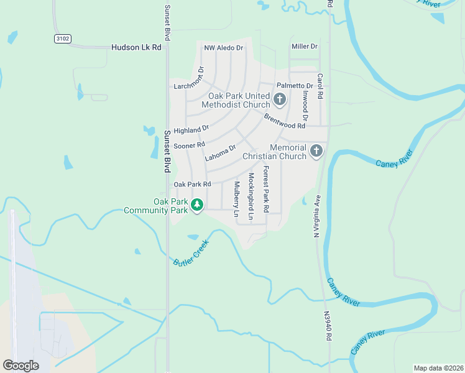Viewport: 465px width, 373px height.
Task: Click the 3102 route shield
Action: (x=62, y=39)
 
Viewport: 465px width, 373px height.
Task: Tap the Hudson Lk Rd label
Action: (x=136, y=47)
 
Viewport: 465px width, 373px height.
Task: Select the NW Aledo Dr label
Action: (x=224, y=47)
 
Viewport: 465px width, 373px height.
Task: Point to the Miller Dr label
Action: (x=305, y=47)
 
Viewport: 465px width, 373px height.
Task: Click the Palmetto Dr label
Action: (x=295, y=85)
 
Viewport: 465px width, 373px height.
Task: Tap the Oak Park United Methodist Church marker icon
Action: (x=280, y=99)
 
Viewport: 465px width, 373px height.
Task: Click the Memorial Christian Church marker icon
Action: (x=316, y=150)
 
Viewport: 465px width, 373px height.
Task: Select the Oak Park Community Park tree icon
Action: (x=197, y=205)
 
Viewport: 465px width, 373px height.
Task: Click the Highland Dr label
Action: (x=191, y=130)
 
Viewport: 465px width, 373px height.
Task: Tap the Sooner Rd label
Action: (x=189, y=145)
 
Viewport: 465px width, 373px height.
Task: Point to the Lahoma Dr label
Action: (x=220, y=154)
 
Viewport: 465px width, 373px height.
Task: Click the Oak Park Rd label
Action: (x=193, y=185)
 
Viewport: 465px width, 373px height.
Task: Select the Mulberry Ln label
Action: (x=237, y=199)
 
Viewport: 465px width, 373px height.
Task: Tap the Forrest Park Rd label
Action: (x=266, y=190)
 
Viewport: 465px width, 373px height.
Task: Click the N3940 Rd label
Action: (x=328, y=326)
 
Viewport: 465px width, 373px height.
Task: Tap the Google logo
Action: (x=21, y=366)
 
